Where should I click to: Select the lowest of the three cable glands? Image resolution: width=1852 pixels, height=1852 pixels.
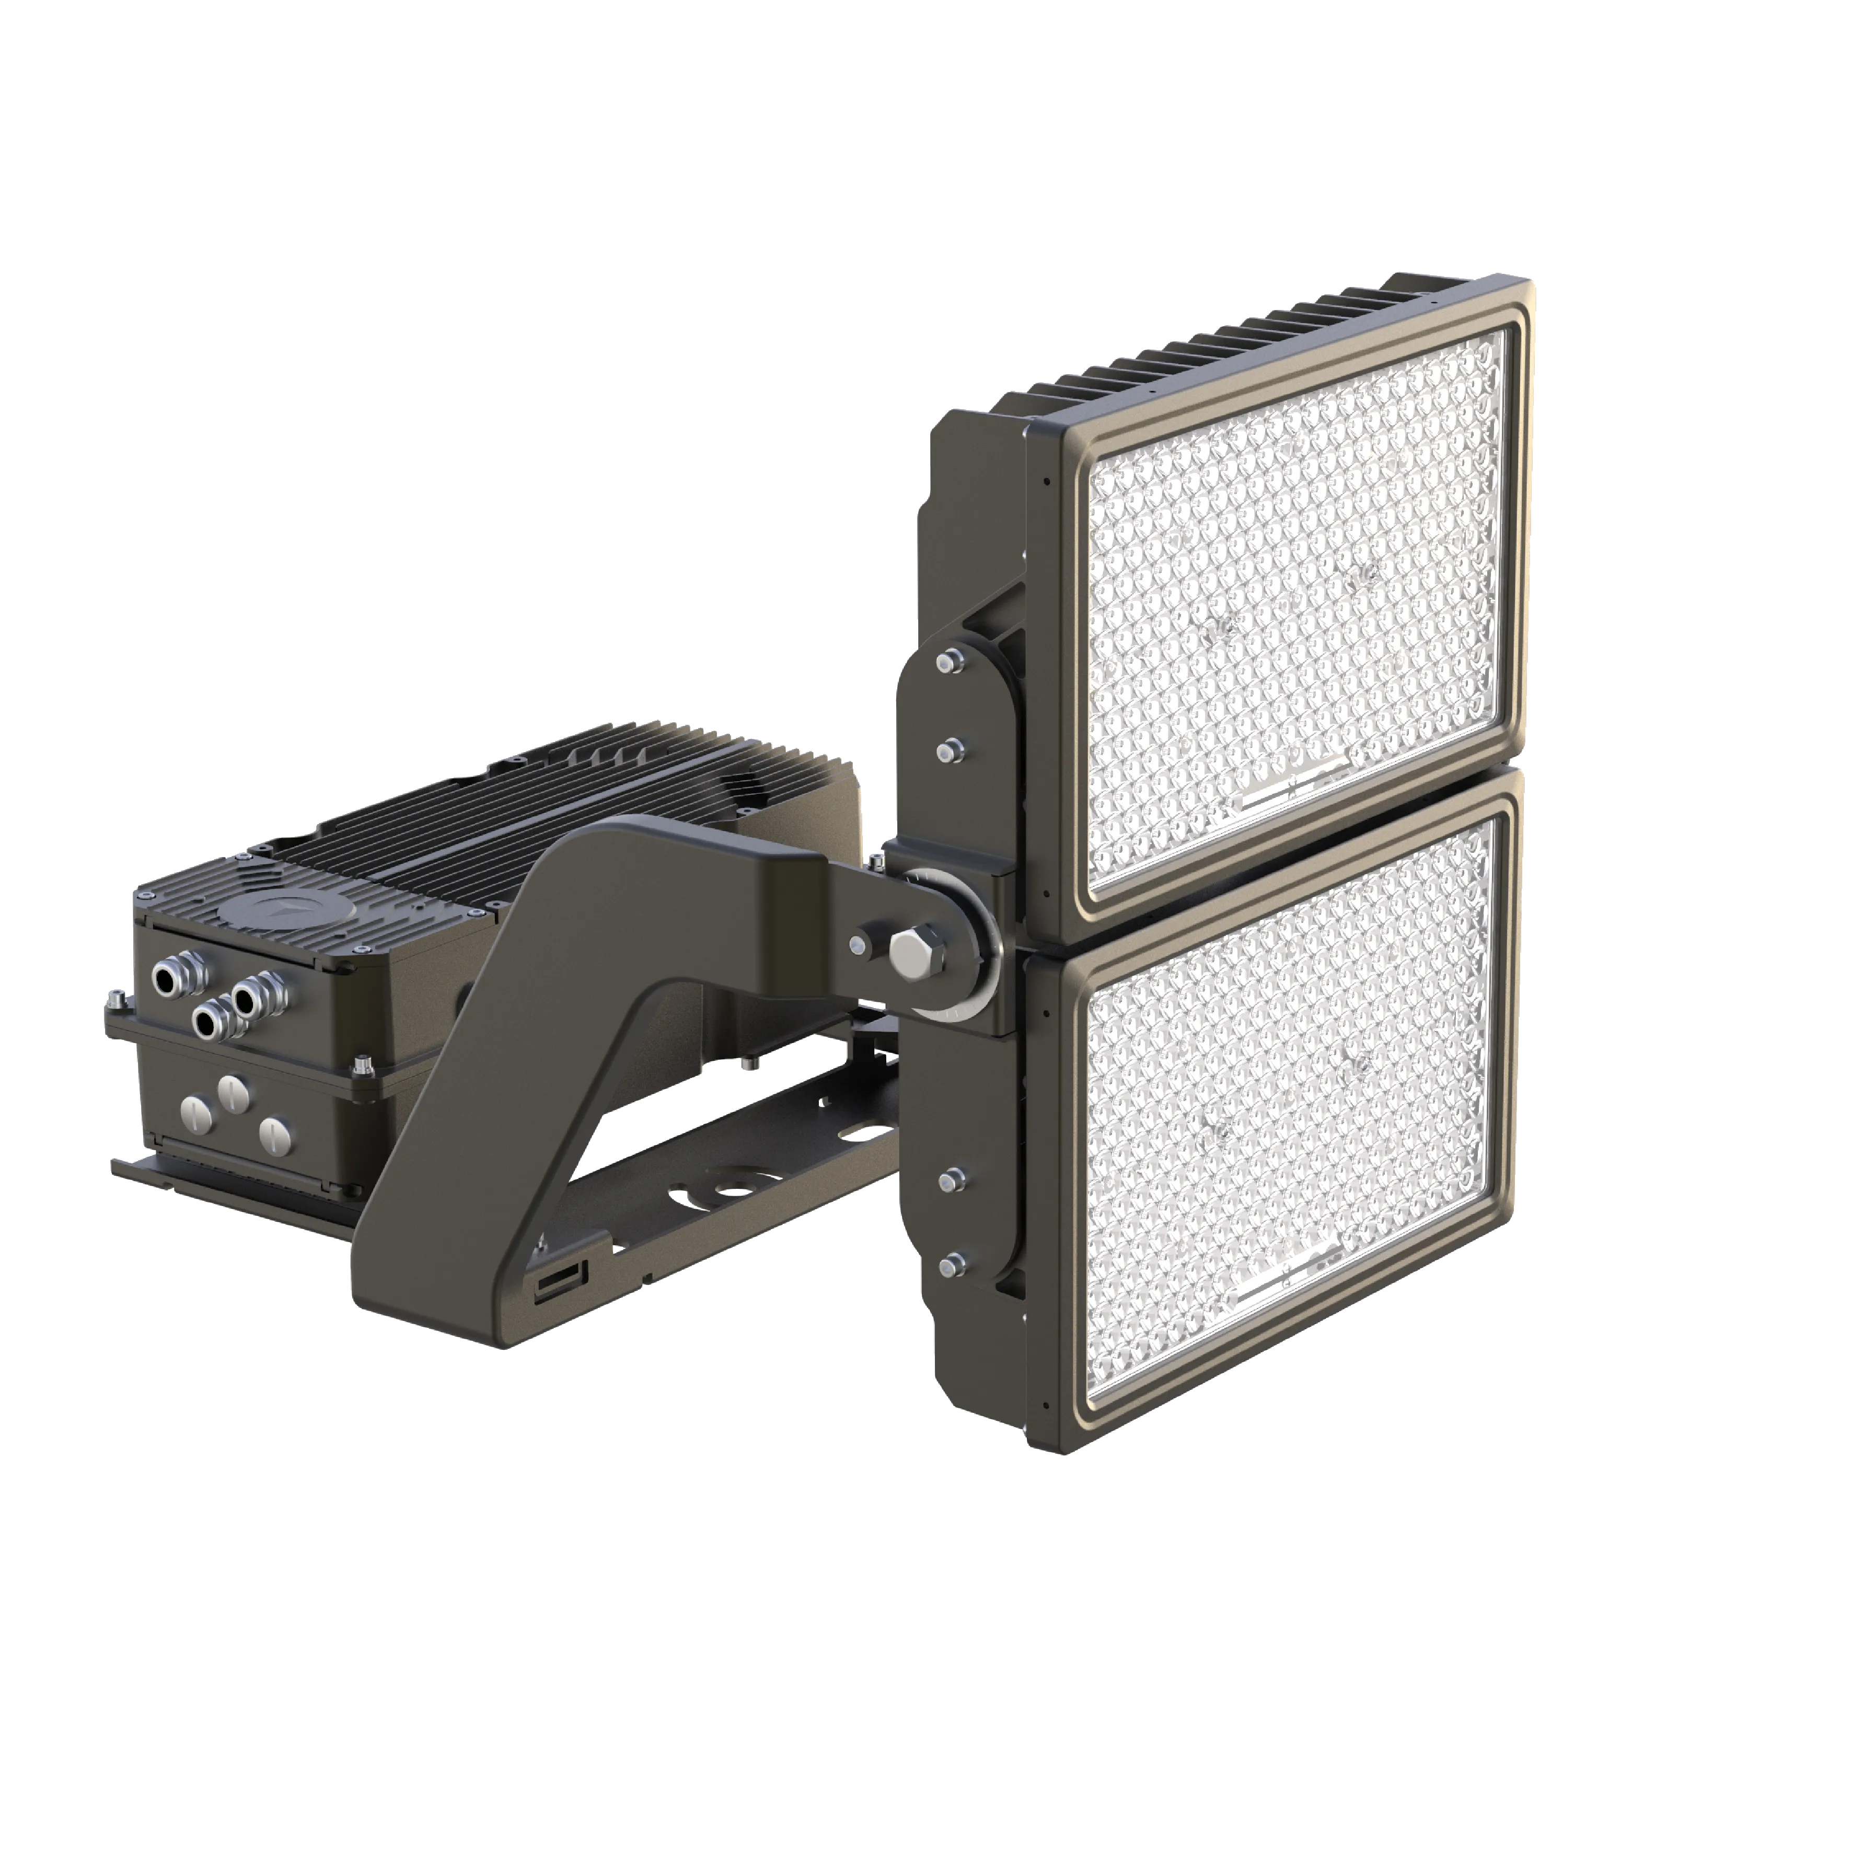pyautogui.click(x=208, y=1022)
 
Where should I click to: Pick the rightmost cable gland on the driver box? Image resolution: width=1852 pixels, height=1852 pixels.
pyautogui.click(x=251, y=997)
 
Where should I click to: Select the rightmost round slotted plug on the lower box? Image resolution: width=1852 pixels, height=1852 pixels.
pyautogui.click(x=274, y=1134)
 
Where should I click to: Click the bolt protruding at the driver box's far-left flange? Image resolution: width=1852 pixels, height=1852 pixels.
pyautogui.click(x=112, y=1002)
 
